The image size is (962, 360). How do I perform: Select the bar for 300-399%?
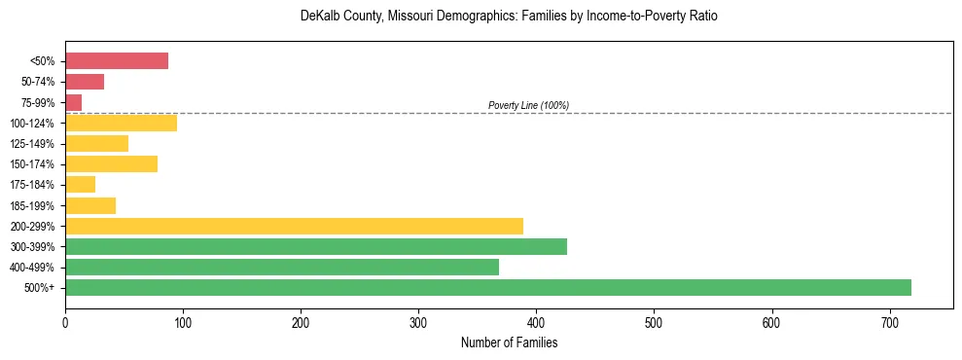click(316, 246)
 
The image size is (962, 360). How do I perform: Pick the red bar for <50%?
click(117, 61)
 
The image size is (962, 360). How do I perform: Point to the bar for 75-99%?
click(74, 102)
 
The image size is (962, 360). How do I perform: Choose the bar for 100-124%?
click(121, 123)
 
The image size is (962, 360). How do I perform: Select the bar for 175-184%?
click(80, 184)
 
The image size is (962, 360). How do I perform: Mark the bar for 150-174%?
click(111, 163)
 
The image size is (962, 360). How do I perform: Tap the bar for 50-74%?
click(85, 82)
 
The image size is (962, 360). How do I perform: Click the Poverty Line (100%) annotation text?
click(528, 105)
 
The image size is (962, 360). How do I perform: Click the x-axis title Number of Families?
click(509, 342)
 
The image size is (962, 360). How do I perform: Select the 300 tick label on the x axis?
click(418, 323)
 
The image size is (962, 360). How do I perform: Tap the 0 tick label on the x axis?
click(65, 323)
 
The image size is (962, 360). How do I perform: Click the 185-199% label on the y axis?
click(32, 205)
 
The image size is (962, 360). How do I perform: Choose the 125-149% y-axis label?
click(32, 144)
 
